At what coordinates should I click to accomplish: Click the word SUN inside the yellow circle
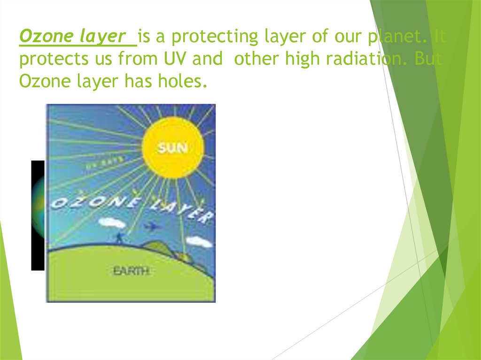[x=173, y=148]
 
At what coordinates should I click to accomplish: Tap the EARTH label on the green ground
[x=131, y=271]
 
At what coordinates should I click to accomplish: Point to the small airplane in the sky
[x=152, y=227]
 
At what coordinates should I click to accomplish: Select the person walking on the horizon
[x=120, y=238]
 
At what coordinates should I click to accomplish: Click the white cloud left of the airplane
[x=113, y=222]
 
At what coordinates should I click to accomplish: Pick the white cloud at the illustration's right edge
[x=200, y=242]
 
